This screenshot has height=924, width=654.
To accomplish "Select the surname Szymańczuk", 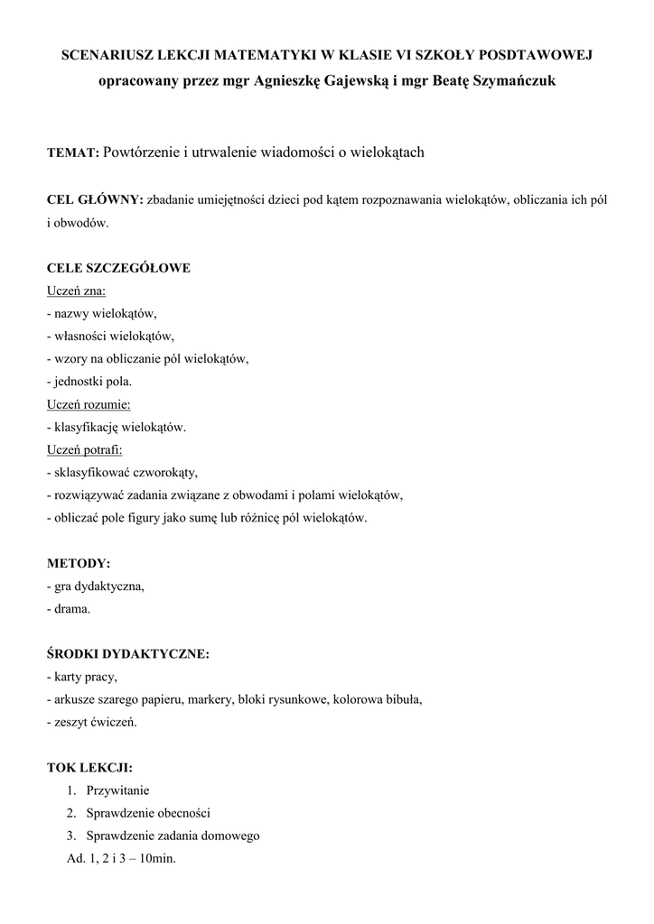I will pos(514,81).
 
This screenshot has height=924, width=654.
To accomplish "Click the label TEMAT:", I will pos(73,153).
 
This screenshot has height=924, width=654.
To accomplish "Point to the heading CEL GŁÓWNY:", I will pos(95,199).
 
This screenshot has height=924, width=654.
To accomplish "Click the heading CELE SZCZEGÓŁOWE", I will pos(118,268).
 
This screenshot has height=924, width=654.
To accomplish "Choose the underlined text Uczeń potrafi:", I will pos(85,449).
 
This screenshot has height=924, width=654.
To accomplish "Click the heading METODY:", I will pos(79,563).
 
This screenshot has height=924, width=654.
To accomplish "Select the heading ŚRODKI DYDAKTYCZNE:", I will pos(127,654).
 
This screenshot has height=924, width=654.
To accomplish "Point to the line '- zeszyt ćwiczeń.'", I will pos(92,722).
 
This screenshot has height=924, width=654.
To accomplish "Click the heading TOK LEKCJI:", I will pos(89,768).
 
